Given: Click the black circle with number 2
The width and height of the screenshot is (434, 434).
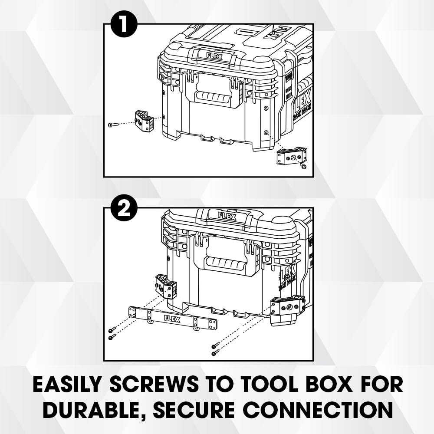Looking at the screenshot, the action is [124, 210].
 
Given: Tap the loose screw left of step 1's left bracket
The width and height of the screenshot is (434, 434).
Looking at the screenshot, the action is [113, 125].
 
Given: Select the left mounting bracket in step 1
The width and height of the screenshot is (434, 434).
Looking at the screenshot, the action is [144, 121].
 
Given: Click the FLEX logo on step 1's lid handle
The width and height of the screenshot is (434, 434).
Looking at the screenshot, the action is [214, 56].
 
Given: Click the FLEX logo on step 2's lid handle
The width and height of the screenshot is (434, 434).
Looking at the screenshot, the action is [227, 216].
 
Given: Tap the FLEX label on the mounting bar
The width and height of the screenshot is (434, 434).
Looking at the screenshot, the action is [172, 319].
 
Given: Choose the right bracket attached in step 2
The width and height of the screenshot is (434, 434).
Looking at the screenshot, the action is [288, 311].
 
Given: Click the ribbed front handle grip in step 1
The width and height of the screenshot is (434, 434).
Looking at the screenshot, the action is [213, 97].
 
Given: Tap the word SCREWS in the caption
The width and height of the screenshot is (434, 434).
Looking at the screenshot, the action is [154, 384].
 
